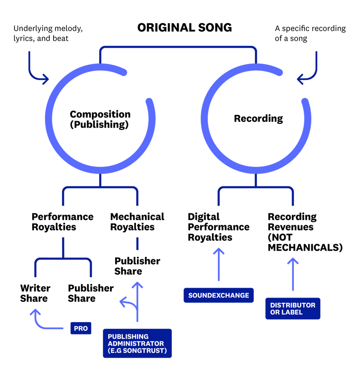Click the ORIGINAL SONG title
point(184,27)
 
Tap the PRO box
point(81,328)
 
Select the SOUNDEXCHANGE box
point(218,295)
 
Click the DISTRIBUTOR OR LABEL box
point(292,308)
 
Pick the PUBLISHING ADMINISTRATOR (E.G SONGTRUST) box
point(137,343)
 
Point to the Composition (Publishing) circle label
point(100,120)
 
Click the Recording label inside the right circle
point(258,118)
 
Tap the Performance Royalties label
point(62,222)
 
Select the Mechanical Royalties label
point(137,222)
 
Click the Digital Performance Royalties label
point(218,227)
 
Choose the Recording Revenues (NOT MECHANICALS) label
point(305,232)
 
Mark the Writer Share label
point(35,293)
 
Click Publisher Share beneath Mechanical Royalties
point(137,266)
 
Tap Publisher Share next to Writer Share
point(91,293)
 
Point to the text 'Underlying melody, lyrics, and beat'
point(48,33)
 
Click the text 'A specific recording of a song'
point(310,33)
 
